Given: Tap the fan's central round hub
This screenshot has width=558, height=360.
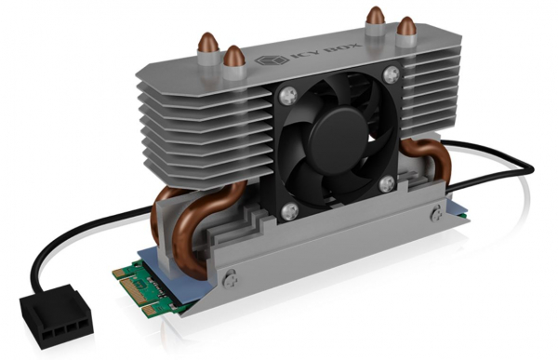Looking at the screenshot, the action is [x=338, y=137].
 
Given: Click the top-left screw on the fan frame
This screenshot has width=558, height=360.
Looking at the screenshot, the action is [x=288, y=96].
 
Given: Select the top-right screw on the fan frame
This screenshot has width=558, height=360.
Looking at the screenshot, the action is [x=392, y=74].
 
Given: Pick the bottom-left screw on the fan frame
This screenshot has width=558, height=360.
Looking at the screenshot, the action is [x=289, y=211].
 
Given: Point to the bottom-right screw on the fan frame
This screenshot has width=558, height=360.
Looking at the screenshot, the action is [x=387, y=184].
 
